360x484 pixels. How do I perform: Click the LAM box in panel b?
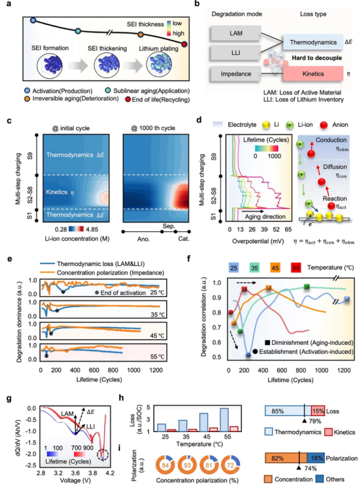[236, 33]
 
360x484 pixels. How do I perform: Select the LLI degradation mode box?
[236, 53]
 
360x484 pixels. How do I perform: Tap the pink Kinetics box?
[313, 74]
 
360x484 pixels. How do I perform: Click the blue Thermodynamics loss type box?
[313, 42]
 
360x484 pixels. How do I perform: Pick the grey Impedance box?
[236, 74]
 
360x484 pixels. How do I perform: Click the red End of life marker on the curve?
[184, 44]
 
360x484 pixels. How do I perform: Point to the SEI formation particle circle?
[50, 65]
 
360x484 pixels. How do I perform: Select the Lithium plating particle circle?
[159, 65]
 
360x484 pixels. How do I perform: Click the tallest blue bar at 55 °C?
[224, 420]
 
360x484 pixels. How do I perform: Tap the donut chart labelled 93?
[187, 465]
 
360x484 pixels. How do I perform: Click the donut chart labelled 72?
[230, 465]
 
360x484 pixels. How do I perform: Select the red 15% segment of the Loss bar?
[318, 411]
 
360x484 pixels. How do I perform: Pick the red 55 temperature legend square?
[296, 268]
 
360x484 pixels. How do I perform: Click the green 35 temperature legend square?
[254, 268]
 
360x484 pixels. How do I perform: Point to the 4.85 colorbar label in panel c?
[92, 229]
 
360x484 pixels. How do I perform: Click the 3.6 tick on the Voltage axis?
[75, 473]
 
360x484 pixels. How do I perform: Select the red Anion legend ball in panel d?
[324, 125]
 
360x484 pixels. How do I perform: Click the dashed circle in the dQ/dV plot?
[103, 454]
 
